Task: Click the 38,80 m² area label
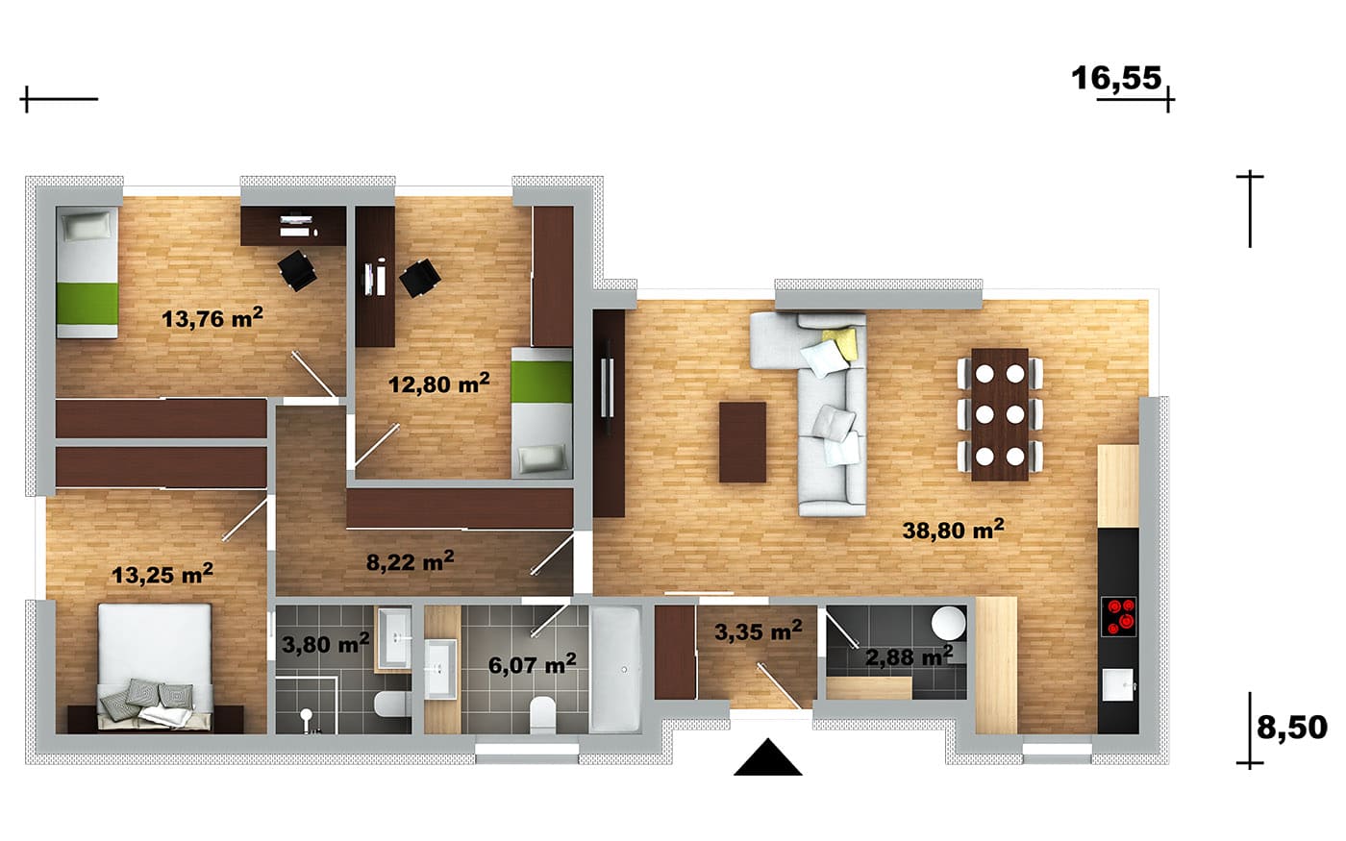[953, 530]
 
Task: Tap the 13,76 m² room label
[212, 318]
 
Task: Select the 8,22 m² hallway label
[410, 561]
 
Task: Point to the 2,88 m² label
[909, 655]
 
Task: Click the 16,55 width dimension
[1116, 79]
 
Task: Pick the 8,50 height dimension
[1292, 728]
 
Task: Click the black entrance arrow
[768, 757]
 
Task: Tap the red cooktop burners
[1118, 616]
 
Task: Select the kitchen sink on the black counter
[1118, 684]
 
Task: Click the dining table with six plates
[1000, 414]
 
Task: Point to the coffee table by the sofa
[742, 442]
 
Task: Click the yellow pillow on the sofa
[840, 341]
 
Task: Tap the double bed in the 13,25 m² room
[155, 667]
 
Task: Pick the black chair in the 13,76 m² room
[297, 270]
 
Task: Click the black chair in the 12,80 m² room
[420, 278]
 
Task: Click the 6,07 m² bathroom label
[533, 665]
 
